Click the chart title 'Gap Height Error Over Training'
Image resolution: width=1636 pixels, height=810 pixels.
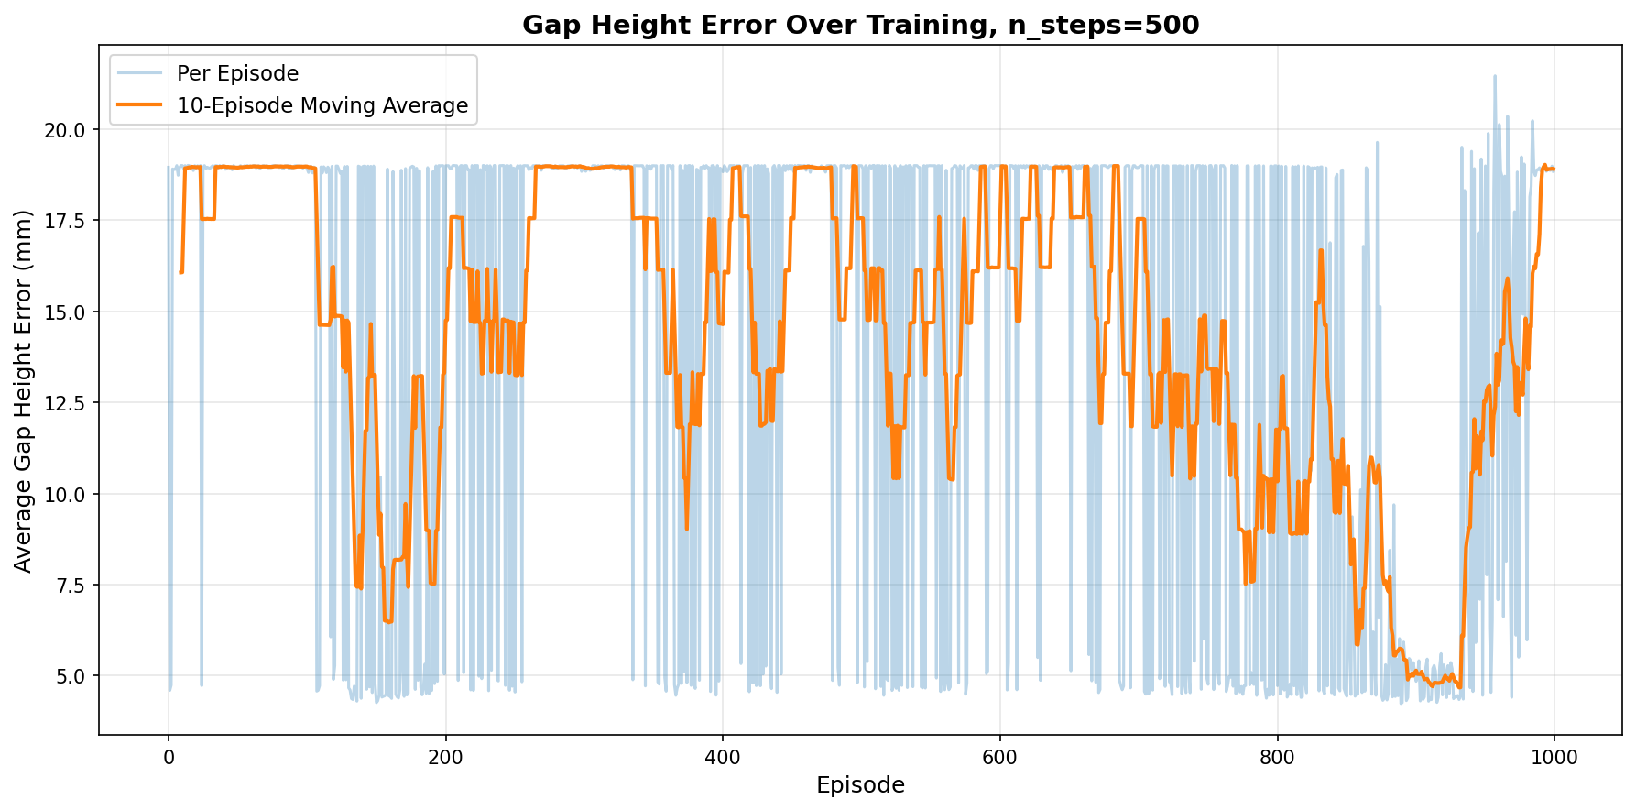(x=860, y=26)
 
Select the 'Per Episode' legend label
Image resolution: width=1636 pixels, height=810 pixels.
(x=237, y=73)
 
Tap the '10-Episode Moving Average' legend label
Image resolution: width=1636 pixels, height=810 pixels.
(x=322, y=106)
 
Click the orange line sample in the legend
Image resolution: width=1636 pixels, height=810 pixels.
(x=143, y=106)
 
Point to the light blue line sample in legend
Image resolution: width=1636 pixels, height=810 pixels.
(x=143, y=73)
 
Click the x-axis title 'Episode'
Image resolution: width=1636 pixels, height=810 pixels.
(x=860, y=785)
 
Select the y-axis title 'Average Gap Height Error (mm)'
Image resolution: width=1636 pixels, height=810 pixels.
(x=24, y=391)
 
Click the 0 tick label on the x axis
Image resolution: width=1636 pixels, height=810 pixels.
(x=169, y=758)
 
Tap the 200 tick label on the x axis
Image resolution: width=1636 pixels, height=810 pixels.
(x=445, y=758)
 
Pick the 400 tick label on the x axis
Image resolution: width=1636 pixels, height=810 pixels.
(x=723, y=758)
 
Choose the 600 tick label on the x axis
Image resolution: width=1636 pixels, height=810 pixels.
(x=999, y=758)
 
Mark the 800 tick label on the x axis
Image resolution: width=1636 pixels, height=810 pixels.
(x=1277, y=758)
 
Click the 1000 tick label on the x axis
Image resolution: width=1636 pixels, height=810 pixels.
(x=1554, y=758)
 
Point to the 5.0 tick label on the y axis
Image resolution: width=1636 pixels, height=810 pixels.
(x=71, y=676)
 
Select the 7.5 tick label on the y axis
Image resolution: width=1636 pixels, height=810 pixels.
(x=71, y=586)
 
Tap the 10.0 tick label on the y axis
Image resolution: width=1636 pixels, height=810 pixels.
(x=67, y=495)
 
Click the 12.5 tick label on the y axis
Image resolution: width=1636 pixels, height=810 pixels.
(x=67, y=403)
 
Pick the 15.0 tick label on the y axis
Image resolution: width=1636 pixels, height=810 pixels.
(x=67, y=312)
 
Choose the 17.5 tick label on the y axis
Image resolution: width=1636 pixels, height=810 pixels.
(x=67, y=222)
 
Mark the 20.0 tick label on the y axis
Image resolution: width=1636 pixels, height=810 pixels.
(x=67, y=130)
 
